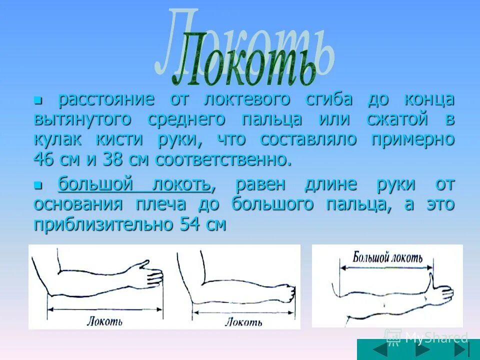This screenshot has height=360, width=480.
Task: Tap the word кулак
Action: pos(55,139)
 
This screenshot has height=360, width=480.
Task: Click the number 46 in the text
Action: pos(44,160)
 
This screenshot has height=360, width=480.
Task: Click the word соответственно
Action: pos(222,160)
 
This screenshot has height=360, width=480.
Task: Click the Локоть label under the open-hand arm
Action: pos(105,320)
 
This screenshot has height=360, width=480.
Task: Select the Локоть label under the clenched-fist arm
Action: pos(243,322)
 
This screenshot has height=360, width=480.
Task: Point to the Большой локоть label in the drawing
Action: pos(387,258)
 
